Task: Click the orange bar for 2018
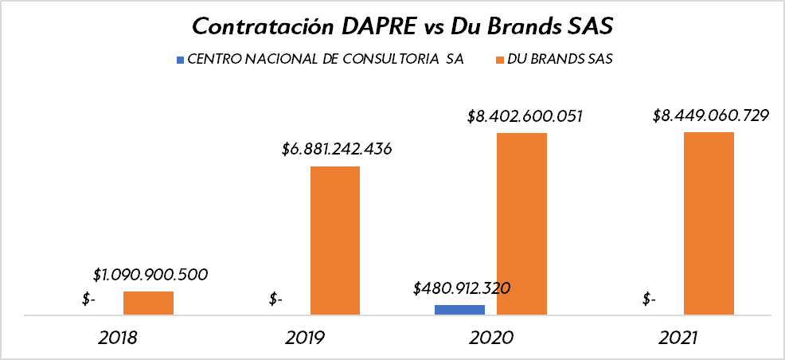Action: click(x=148, y=303)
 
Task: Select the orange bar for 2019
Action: click(x=335, y=241)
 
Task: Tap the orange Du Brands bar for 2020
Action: click(x=521, y=224)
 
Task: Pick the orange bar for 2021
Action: click(x=709, y=223)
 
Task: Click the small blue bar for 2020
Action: click(x=459, y=310)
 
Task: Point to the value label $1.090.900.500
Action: click(x=150, y=275)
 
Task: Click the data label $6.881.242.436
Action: click(x=337, y=149)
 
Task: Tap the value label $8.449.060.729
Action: click(x=710, y=115)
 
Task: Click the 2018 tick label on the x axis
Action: click(x=118, y=338)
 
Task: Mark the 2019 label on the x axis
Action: click(x=305, y=338)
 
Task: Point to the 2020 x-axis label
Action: click(x=491, y=338)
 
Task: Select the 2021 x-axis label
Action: click(x=678, y=338)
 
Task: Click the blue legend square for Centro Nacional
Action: click(x=180, y=60)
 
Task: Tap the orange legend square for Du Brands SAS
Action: click(x=501, y=60)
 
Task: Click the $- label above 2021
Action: click(x=649, y=299)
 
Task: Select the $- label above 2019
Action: click(x=275, y=299)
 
